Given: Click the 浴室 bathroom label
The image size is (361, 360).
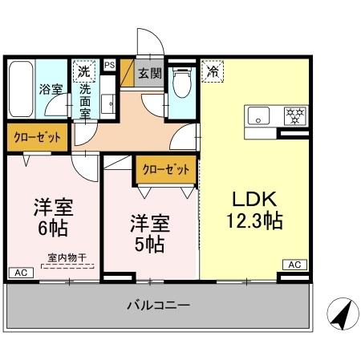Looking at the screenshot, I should pos(52,89).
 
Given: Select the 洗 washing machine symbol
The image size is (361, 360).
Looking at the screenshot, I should pos(83,71).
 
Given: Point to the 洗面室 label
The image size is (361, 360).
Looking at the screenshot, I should pos(84,100).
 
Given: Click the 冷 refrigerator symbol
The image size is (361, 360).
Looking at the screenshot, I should pos(213,71).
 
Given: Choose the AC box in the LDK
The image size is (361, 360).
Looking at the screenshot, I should pos(294,265).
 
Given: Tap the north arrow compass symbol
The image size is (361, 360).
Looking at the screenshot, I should pos(340,313).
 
